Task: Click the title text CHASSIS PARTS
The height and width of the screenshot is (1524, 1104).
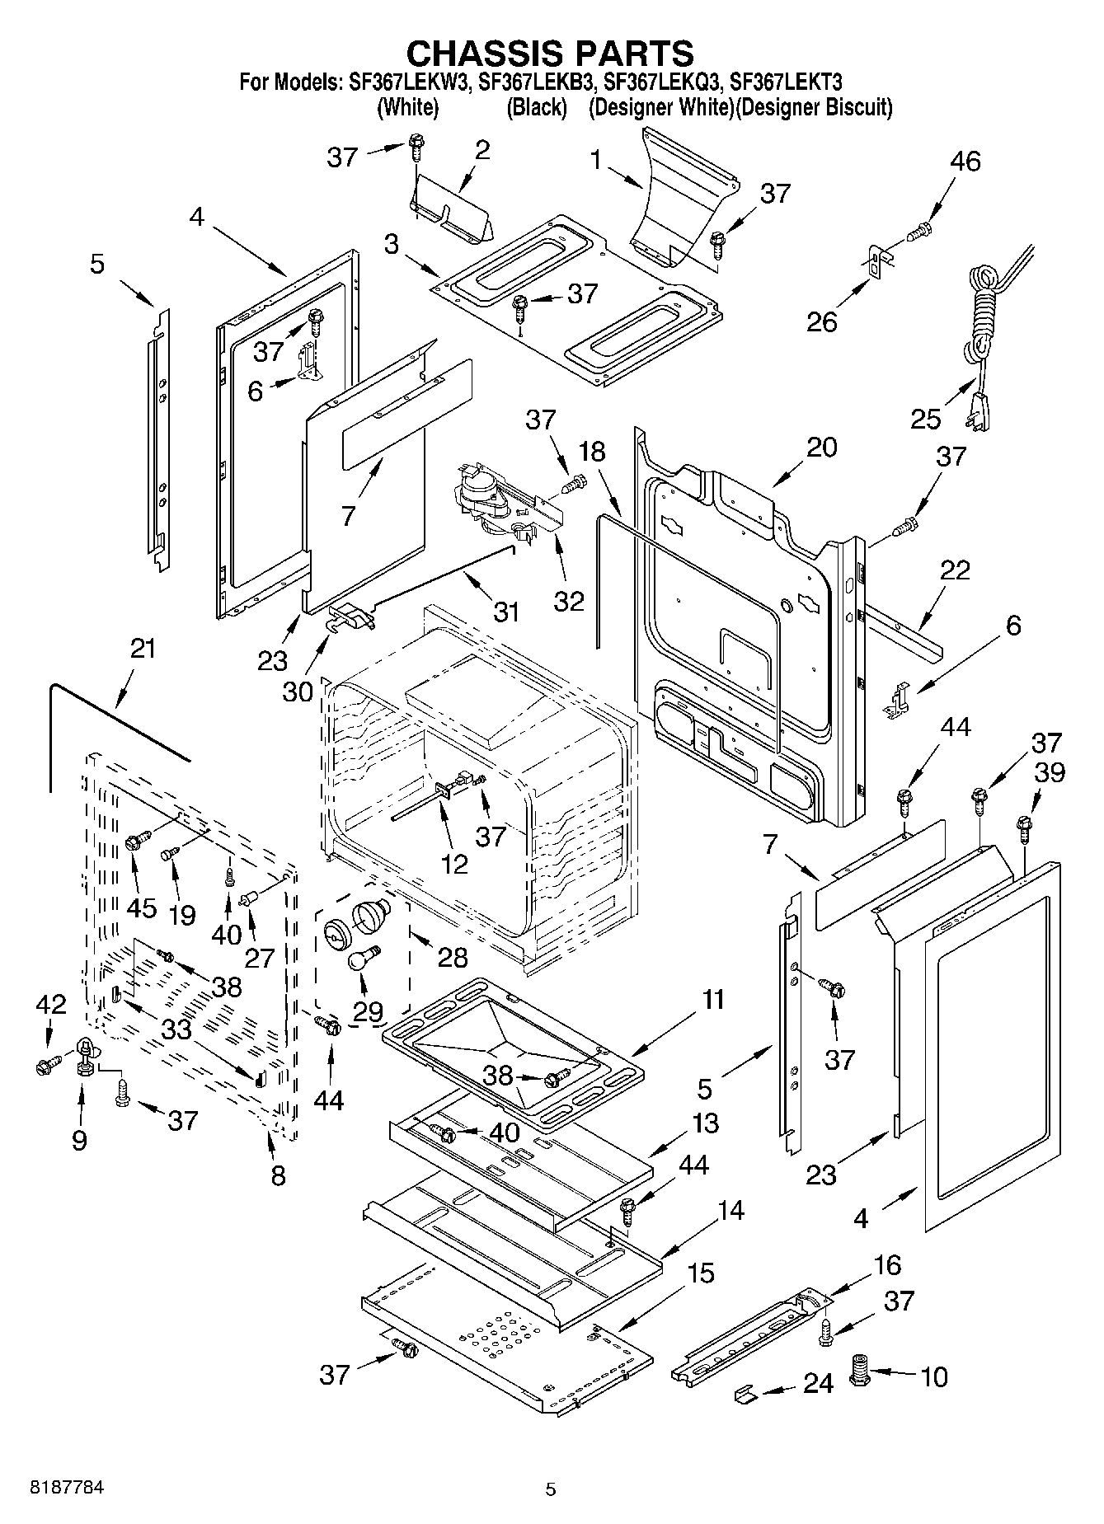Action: coord(551,53)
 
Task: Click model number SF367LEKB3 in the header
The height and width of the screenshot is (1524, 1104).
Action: coord(535,82)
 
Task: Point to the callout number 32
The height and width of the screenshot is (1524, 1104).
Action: coord(569,600)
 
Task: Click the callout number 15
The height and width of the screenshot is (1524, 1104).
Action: coord(700,1273)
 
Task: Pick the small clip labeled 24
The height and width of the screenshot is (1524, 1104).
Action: coord(745,1392)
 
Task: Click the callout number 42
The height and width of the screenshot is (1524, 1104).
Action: coord(50,1003)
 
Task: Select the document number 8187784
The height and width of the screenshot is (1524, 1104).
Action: coord(66,1489)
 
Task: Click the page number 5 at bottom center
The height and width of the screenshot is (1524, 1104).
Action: coord(551,1489)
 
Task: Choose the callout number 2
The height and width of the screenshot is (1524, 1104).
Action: coord(482,149)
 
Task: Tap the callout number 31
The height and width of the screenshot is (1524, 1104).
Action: coord(505,612)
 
